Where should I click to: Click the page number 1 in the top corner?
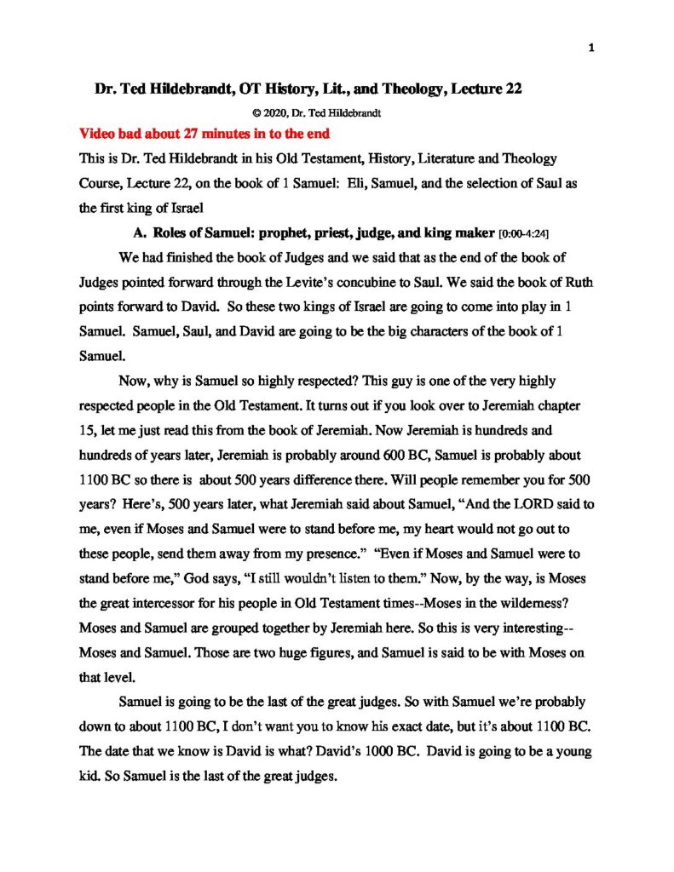coord(590,48)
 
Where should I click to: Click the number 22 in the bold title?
coord(509,89)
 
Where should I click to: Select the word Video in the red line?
coord(98,135)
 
